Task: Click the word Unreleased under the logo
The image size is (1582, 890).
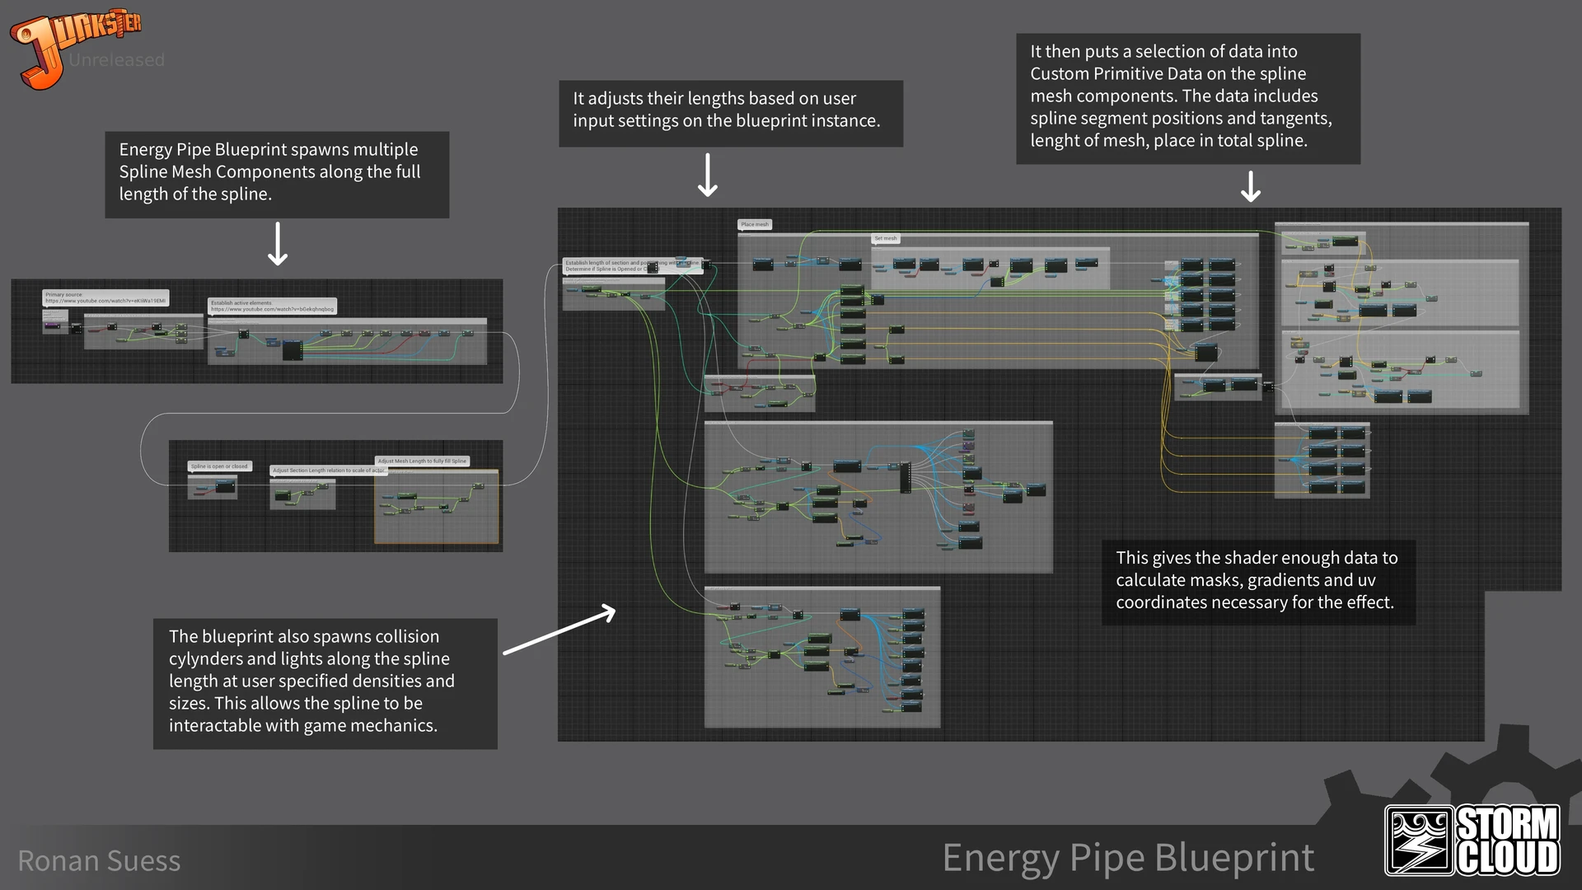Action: pos(116,60)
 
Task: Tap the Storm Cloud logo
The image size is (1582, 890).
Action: pos(1472,840)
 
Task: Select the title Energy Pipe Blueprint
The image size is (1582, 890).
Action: pos(1128,858)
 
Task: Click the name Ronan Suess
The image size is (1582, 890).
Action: pos(99,861)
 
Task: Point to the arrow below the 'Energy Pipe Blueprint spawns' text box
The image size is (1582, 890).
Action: pos(278,243)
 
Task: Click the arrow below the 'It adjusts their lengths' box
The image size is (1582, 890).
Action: pos(708,174)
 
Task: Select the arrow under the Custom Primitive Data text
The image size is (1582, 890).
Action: pos(1251,186)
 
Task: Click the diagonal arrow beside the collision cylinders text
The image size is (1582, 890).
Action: pos(559,630)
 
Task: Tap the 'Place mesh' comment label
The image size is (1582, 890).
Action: pos(754,224)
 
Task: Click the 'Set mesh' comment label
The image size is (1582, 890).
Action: pos(885,239)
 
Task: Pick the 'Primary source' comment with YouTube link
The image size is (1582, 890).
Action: pos(105,297)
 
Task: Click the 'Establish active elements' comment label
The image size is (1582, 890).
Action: pos(272,306)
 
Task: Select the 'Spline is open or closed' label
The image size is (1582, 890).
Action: pos(219,466)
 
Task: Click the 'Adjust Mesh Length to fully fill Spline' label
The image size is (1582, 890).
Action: pos(422,461)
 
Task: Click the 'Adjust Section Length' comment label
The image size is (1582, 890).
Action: pos(329,471)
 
